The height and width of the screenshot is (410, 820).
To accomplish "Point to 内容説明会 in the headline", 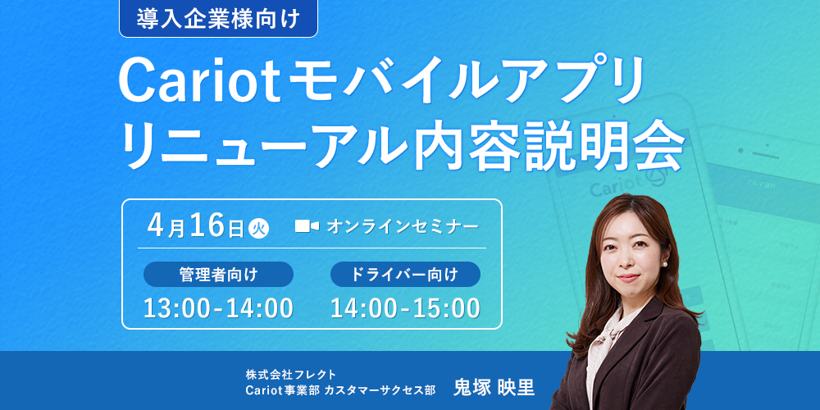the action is pyautogui.click(x=548, y=143).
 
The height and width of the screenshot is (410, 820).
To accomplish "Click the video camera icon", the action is pyautogui.click(x=307, y=226).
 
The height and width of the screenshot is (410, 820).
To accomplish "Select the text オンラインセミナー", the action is pyautogui.click(x=402, y=226).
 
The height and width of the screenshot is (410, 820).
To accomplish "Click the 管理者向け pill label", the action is pyautogui.click(x=219, y=274).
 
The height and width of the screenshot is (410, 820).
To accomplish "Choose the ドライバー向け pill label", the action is pyautogui.click(x=405, y=274).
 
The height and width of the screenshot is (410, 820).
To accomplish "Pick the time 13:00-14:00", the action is pyautogui.click(x=218, y=308).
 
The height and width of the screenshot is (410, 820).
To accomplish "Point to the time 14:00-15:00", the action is pyautogui.click(x=405, y=308).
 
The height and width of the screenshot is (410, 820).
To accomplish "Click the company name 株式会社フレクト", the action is pyautogui.click(x=291, y=375).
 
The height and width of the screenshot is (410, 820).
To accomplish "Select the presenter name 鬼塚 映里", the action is pyautogui.click(x=494, y=388).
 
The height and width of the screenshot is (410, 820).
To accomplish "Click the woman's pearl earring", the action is pyautogui.click(x=665, y=264).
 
